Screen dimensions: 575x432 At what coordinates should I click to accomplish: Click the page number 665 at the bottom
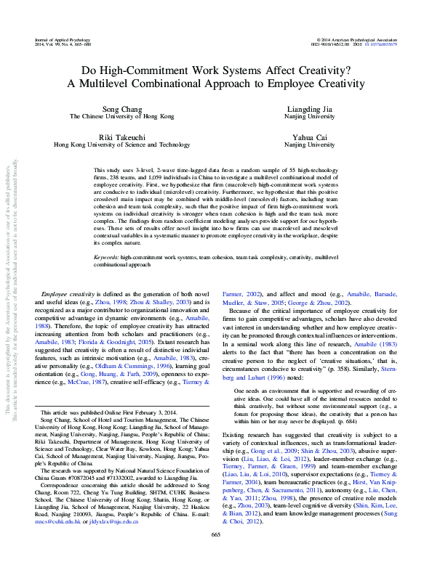215,555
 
